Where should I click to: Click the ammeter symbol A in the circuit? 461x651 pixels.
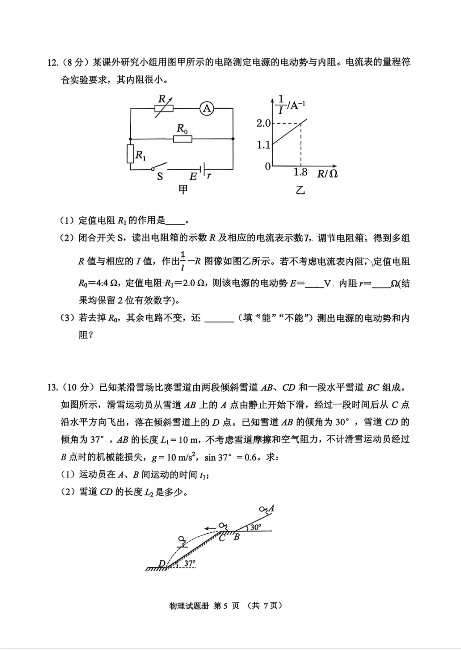pos(207,109)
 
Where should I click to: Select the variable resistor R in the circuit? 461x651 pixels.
pos(164,109)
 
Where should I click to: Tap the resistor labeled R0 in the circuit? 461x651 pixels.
pos(183,139)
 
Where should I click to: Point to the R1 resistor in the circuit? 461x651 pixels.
pos(131,154)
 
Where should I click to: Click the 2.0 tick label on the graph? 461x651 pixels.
pos(263,124)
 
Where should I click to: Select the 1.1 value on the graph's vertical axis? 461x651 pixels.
pos(263,145)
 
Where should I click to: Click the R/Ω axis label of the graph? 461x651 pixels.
pos(327,174)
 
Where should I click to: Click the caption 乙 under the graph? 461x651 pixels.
pos(301,191)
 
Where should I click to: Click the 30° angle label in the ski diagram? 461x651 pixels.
pos(256,527)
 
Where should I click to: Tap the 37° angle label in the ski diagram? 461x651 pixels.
pos(190,563)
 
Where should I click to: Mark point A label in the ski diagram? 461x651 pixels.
pos(271,508)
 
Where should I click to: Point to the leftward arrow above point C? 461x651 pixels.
pos(210,529)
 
